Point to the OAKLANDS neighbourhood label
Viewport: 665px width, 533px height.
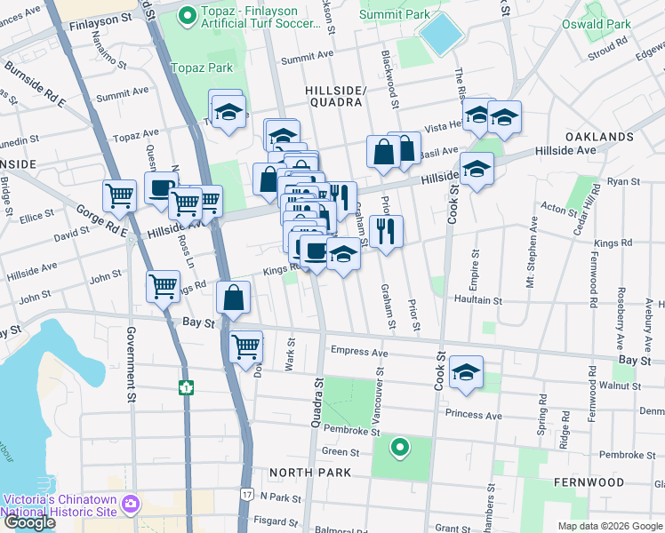pos(599,137)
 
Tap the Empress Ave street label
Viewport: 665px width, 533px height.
pos(359,352)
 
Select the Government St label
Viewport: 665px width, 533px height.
pos(131,355)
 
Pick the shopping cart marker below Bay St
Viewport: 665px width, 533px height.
pos(245,346)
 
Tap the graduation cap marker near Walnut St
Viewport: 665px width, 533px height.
pos(466,371)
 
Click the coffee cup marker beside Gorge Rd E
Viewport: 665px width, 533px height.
pos(161,187)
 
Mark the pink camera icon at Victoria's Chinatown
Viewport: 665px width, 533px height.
pos(132,505)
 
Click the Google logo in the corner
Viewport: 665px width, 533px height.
pos(29,522)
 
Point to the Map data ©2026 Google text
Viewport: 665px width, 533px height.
pos(609,526)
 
